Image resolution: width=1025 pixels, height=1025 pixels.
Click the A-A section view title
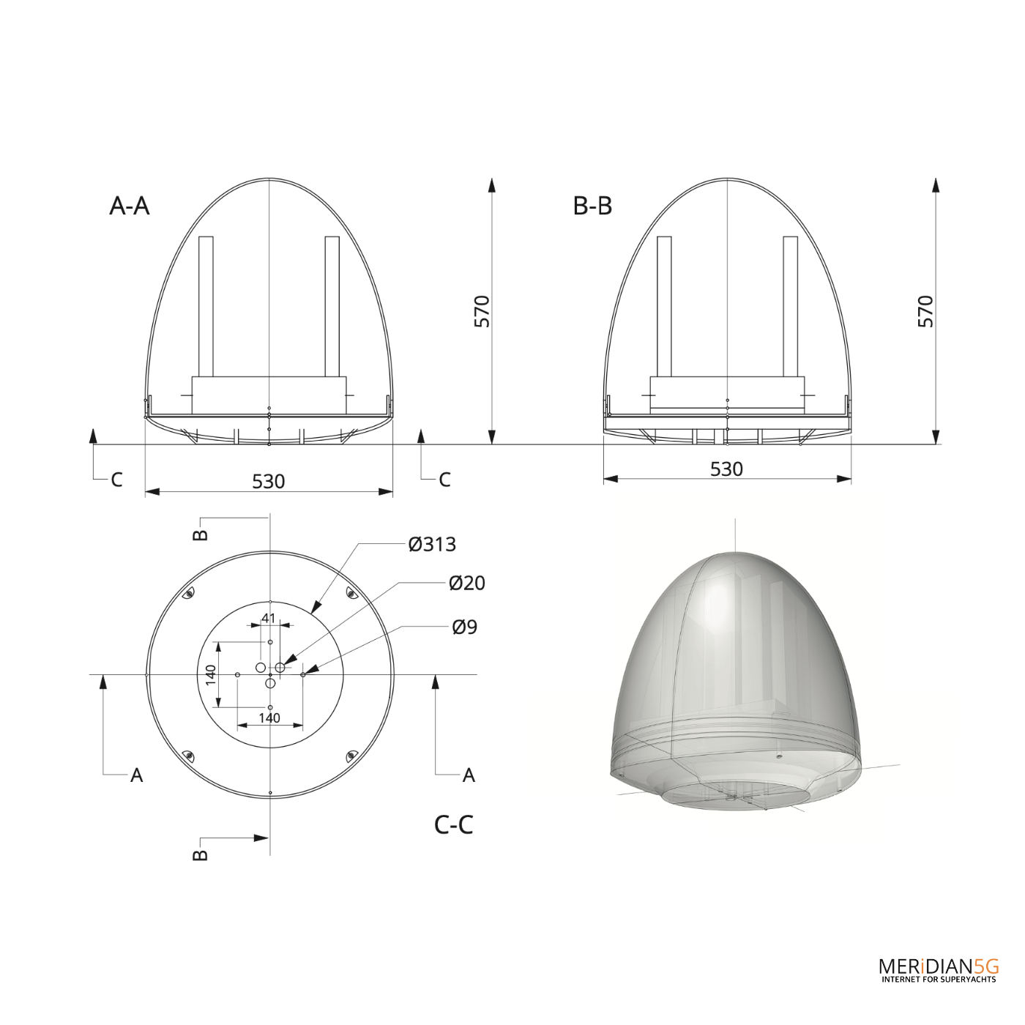(130, 206)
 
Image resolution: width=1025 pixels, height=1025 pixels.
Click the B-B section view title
(592, 206)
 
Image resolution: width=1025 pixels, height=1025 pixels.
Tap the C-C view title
(453, 825)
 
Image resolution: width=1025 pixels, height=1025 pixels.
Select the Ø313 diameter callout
(432, 544)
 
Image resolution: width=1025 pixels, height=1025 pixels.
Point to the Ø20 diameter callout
(466, 583)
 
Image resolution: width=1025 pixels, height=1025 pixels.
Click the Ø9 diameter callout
(464, 627)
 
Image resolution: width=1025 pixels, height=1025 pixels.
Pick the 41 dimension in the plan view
(269, 618)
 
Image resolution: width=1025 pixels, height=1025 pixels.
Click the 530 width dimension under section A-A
(269, 481)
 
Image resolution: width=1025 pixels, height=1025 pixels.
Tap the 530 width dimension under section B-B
(726, 469)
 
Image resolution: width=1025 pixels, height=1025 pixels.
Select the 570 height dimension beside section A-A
(482, 311)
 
